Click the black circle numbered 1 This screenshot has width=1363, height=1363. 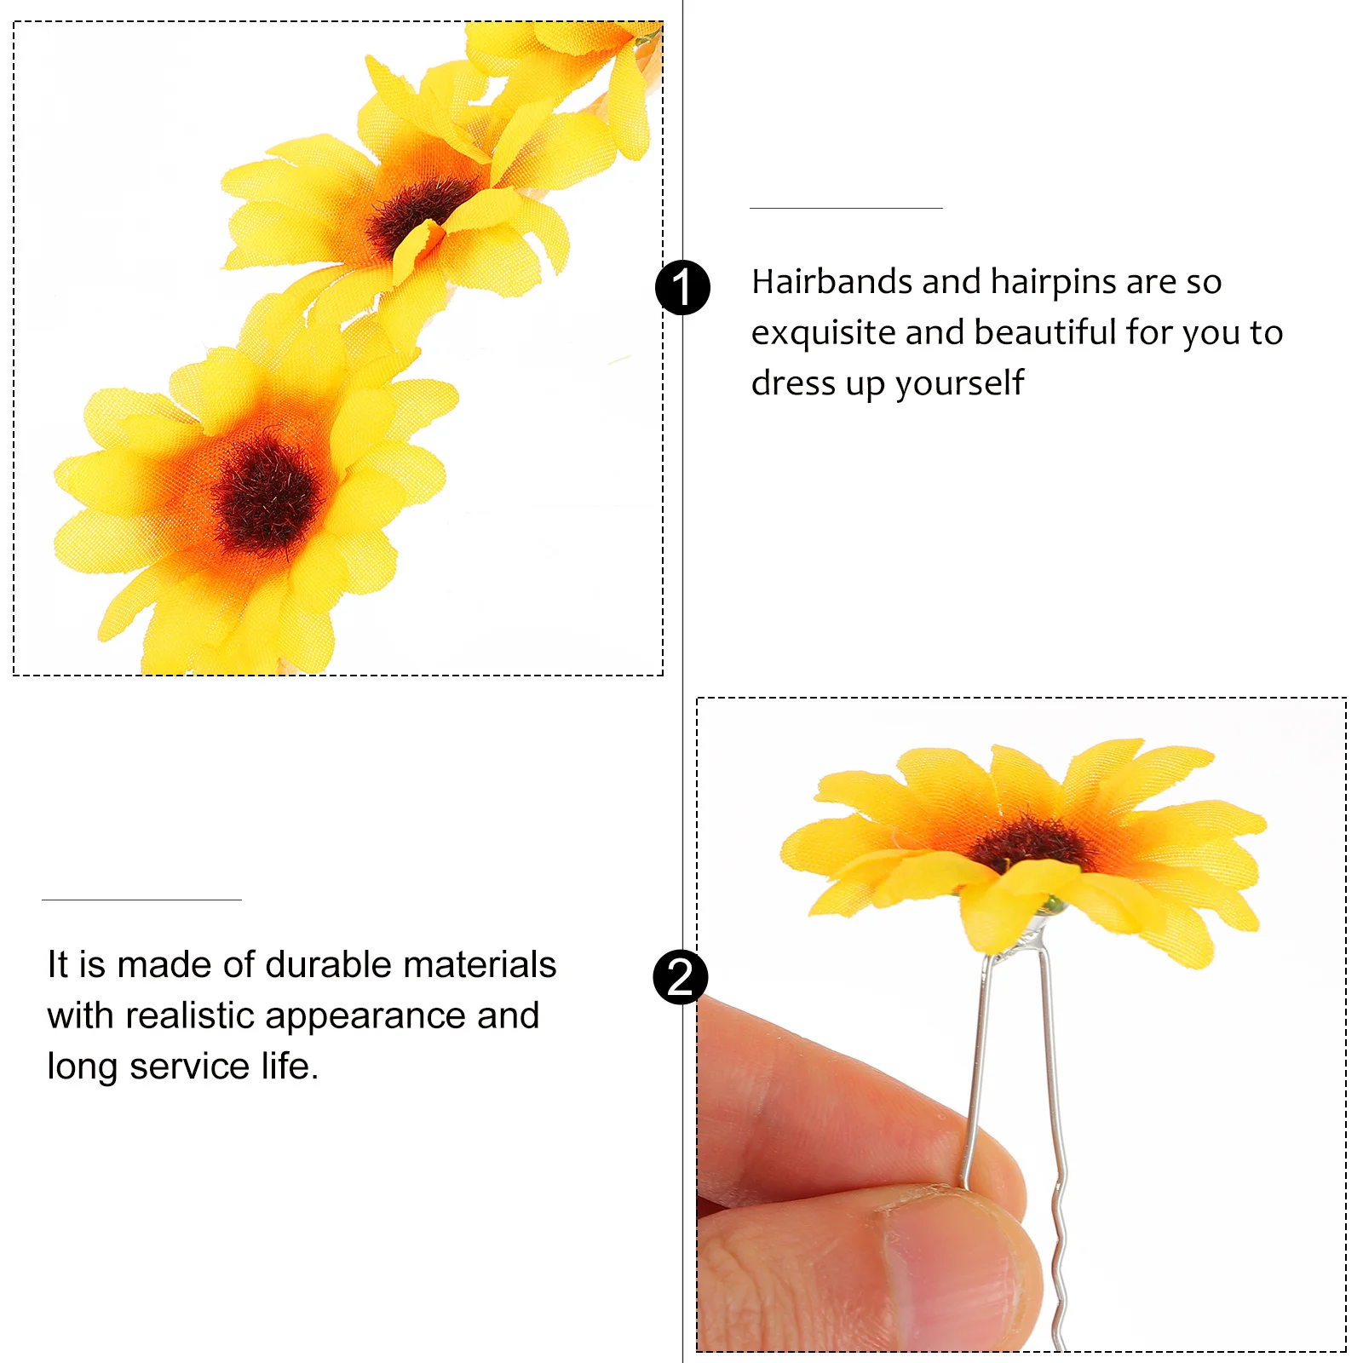(682, 287)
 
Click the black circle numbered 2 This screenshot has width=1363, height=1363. (681, 976)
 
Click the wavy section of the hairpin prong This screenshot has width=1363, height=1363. (1060, 1235)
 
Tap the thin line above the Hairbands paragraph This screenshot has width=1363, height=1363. (846, 208)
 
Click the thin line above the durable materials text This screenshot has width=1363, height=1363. (141, 900)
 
